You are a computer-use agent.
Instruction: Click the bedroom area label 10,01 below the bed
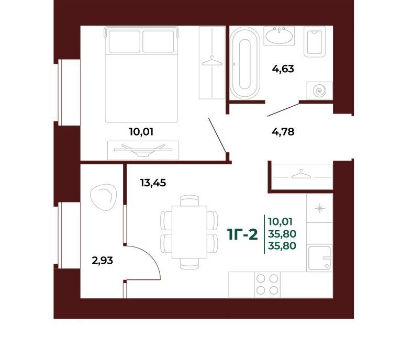click(x=141, y=132)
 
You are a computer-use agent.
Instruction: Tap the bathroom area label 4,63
click(x=283, y=69)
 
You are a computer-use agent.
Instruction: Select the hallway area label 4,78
click(x=283, y=132)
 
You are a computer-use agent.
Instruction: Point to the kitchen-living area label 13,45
click(x=153, y=183)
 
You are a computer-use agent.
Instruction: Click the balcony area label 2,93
click(x=102, y=261)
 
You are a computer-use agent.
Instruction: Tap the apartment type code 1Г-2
click(x=242, y=235)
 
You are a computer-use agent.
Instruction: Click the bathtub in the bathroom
click(x=245, y=62)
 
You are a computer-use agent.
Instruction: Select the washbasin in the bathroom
click(x=279, y=36)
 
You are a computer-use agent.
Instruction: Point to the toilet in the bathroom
click(x=315, y=41)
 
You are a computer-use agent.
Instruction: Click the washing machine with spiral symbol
click(x=320, y=91)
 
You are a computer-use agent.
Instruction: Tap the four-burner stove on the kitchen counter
click(x=267, y=285)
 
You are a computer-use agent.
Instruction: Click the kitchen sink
click(x=320, y=258)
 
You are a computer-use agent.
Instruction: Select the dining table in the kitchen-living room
click(x=189, y=232)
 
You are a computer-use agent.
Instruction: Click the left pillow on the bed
click(x=125, y=41)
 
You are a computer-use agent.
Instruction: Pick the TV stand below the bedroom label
click(x=143, y=150)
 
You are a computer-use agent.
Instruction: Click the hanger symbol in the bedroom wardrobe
click(x=212, y=61)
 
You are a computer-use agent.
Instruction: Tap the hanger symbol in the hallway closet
click(x=301, y=174)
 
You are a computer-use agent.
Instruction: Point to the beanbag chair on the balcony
click(x=104, y=197)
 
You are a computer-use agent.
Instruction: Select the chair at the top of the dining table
click(x=189, y=200)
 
